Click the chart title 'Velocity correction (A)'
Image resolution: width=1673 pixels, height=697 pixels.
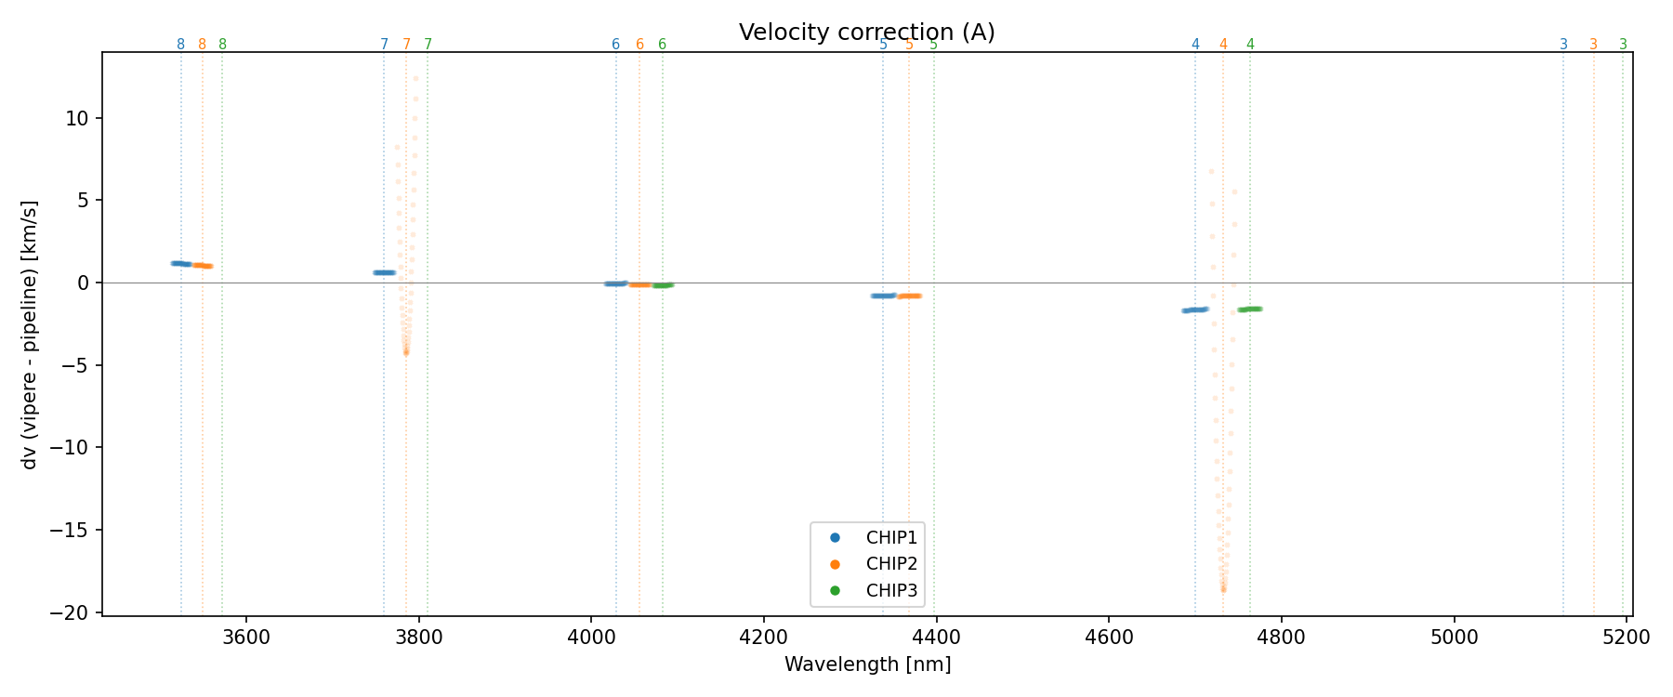866,33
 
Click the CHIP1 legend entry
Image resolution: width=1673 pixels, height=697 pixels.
890,537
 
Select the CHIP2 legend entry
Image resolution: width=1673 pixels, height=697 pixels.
890,564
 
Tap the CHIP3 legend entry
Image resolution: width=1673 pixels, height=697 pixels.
890,590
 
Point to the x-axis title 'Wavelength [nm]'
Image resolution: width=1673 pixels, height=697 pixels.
867,664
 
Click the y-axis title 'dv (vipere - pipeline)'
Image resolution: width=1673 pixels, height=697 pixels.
30,335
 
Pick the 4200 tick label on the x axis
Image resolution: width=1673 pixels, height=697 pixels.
763,638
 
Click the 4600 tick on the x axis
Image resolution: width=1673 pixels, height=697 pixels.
1109,638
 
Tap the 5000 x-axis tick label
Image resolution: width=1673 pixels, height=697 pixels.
1454,638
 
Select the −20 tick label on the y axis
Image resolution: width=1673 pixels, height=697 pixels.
75,613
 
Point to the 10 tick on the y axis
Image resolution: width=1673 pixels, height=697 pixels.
79,118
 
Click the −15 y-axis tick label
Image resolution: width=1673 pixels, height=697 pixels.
75,531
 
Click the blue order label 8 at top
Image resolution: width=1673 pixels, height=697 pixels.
180,45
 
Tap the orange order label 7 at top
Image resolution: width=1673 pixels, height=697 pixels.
406,45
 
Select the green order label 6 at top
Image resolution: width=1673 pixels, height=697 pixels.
662,45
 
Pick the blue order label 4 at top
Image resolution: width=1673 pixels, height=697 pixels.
1195,45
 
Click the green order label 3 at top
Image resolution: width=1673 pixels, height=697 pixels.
1623,45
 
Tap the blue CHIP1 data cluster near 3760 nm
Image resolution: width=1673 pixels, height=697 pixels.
384,272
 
